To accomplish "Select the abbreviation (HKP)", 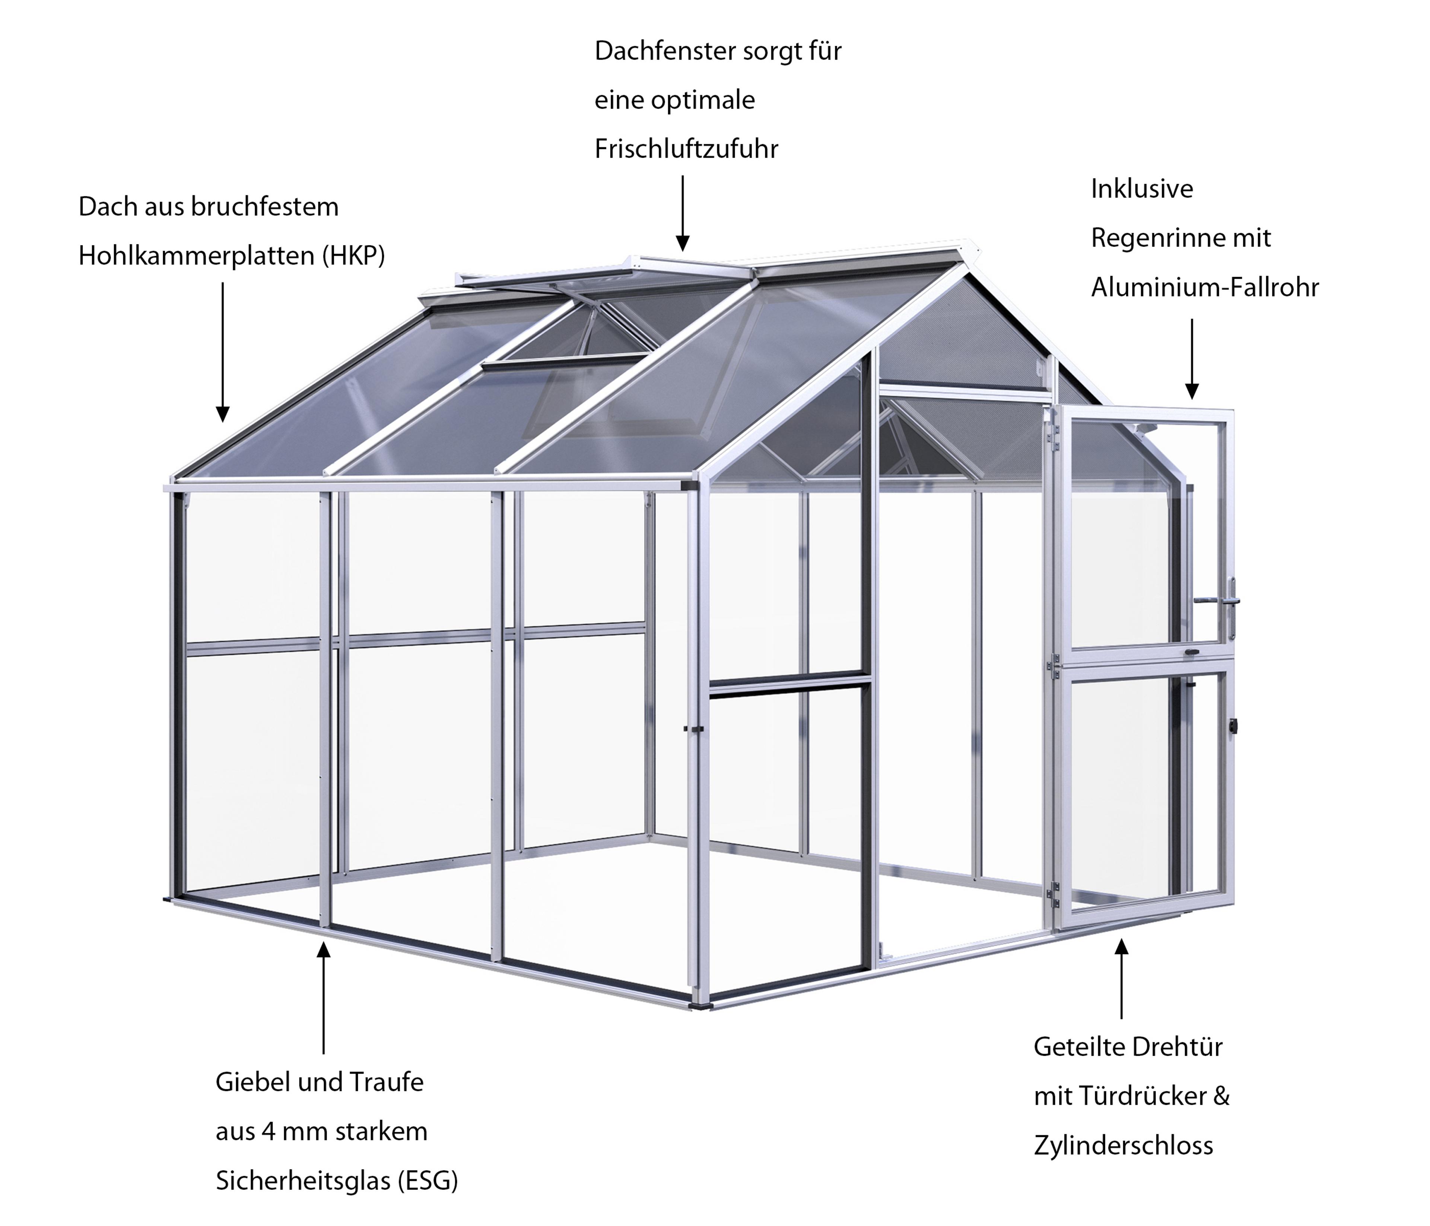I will pos(353,256).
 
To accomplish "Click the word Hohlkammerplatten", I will pos(197,256).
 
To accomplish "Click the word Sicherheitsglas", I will pos(304,1181).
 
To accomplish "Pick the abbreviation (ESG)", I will pos(428,1181).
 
